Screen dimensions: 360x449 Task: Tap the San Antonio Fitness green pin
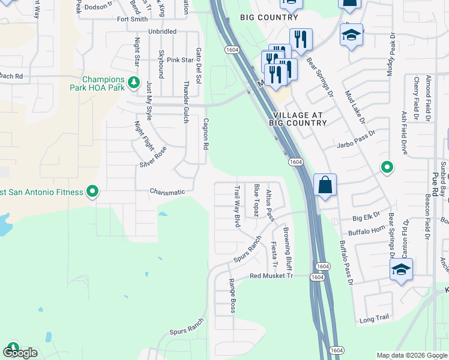(x=92, y=191)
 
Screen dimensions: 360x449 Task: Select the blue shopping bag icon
(x=325, y=187)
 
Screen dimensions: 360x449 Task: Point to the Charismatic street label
(x=167, y=192)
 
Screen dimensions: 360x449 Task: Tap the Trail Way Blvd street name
(x=237, y=205)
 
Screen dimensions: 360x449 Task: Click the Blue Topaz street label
(x=256, y=201)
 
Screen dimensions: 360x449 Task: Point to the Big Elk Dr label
(x=367, y=218)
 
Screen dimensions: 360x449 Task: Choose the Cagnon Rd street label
(x=205, y=133)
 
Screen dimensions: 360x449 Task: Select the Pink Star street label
(x=180, y=60)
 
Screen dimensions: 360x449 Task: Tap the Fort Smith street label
(x=132, y=19)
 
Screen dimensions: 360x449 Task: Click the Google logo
(x=20, y=352)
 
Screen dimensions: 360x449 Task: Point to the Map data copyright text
(x=411, y=355)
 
